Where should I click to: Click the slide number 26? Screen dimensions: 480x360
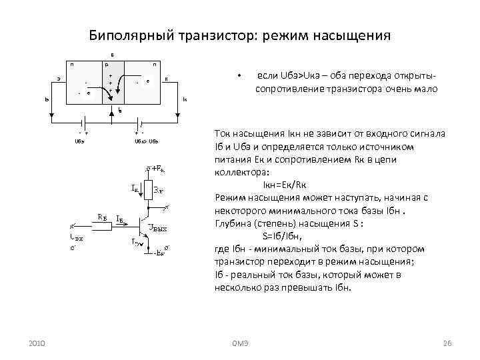tap(447, 343)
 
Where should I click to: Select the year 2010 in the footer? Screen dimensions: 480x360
tap(38, 343)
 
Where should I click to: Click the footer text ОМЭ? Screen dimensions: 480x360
tap(240, 343)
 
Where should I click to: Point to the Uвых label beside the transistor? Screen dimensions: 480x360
tap(157, 229)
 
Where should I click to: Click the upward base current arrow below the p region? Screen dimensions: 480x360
tap(119, 109)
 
